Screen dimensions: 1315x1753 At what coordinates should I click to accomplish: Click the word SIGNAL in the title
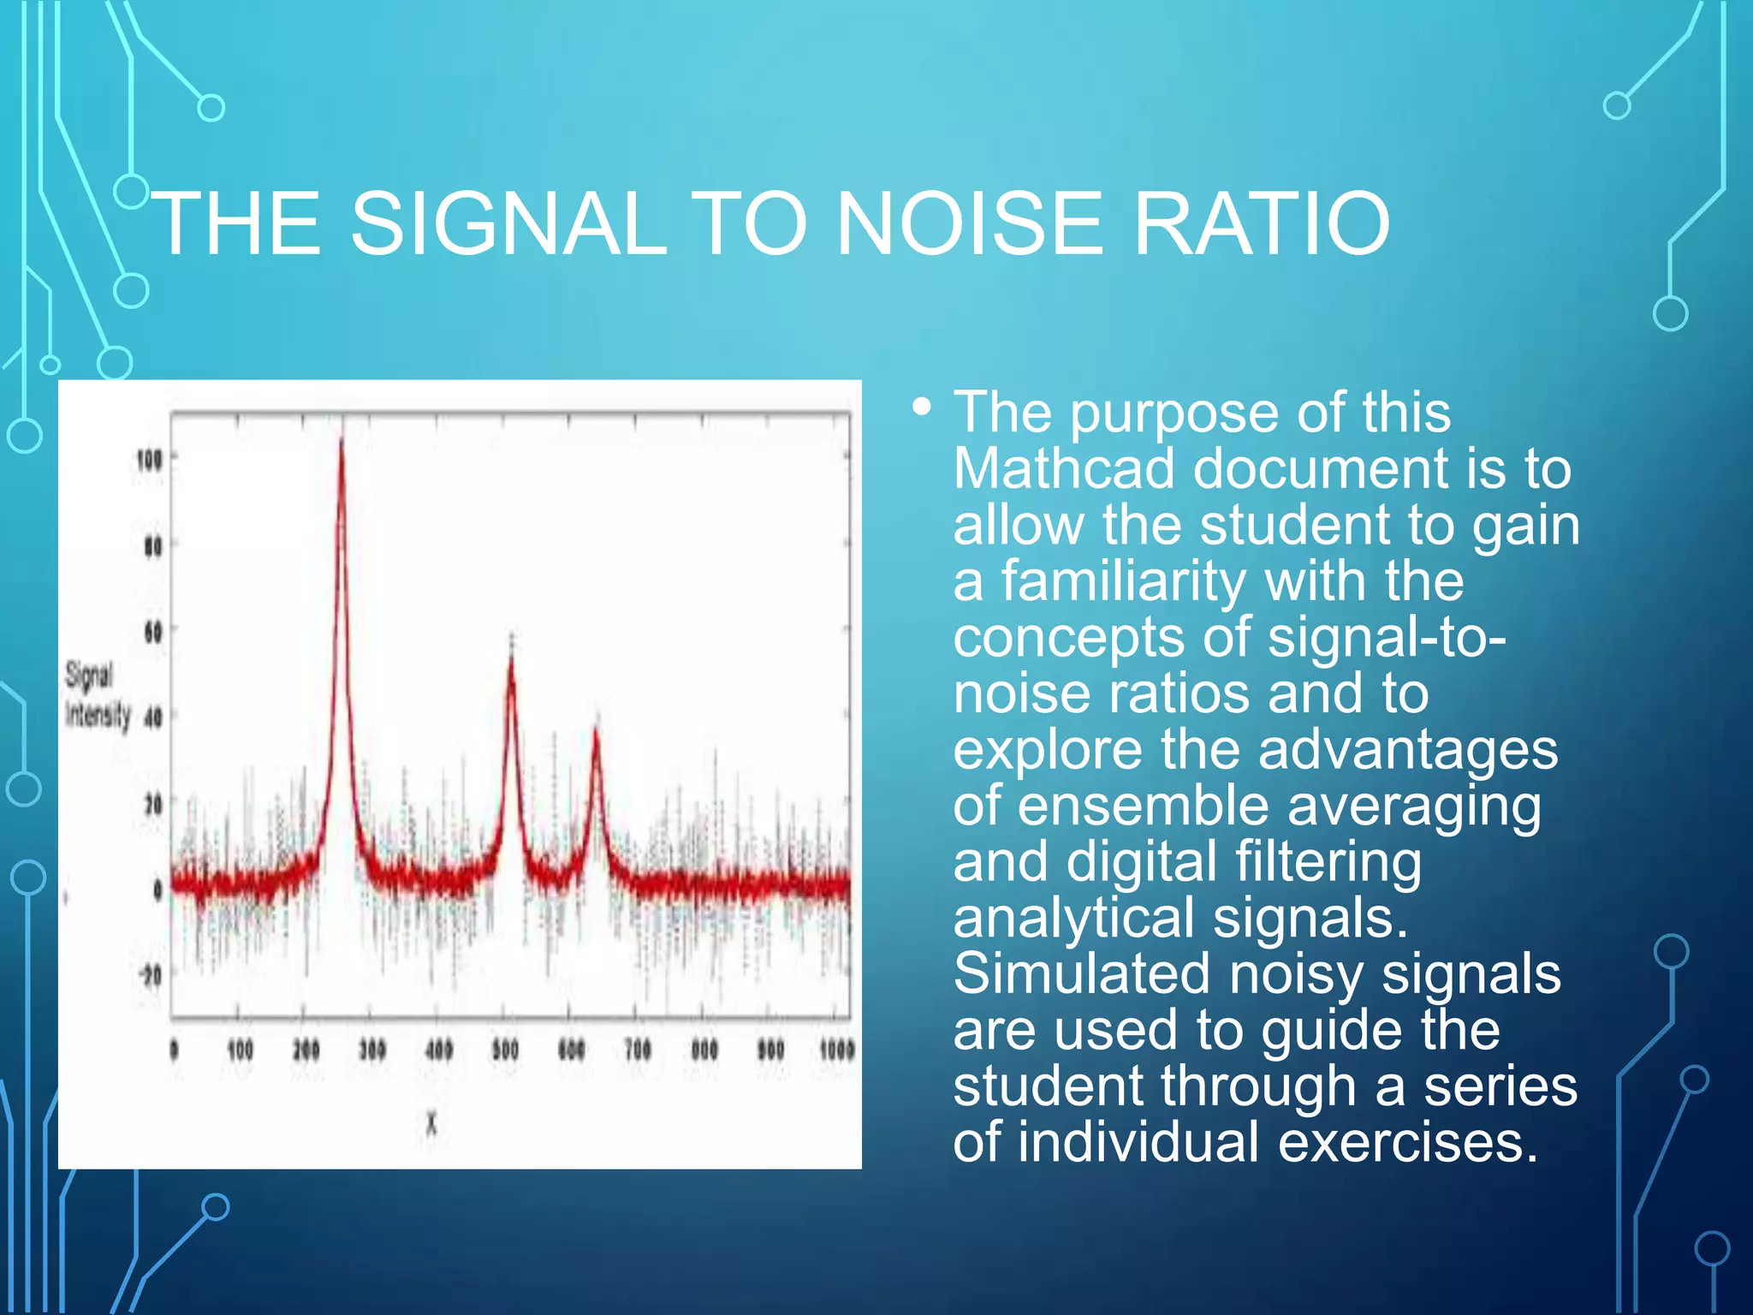coord(508,224)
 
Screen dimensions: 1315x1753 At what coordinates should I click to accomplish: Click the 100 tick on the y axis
coord(150,461)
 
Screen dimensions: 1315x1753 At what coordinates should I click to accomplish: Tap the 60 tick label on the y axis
coord(152,633)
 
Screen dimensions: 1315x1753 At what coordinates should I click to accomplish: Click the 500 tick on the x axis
coord(505,1050)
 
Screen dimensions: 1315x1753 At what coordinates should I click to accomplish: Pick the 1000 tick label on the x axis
coord(836,1050)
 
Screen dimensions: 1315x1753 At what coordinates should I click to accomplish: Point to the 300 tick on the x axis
coord(372,1050)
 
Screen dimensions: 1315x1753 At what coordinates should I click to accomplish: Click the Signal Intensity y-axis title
coord(97,695)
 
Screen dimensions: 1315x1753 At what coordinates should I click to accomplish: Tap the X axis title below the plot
coord(431,1124)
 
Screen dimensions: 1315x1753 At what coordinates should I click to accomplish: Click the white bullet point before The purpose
coord(921,407)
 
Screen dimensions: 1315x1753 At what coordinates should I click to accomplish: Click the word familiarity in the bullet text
coord(1124,581)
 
